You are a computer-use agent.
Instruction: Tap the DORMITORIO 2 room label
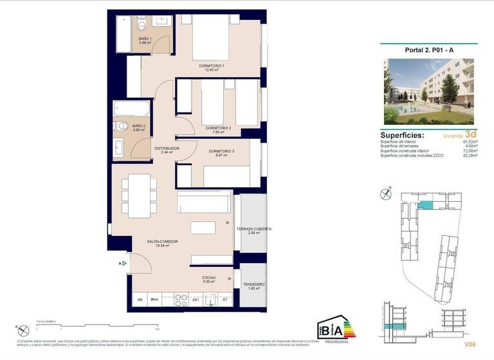click(219, 128)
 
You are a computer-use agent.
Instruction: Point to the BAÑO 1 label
click(145, 39)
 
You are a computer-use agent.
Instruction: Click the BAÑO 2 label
click(139, 126)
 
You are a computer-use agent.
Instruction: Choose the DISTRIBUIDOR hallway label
click(167, 148)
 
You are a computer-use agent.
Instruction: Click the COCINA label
click(208, 278)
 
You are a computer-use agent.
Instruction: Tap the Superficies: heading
click(402, 136)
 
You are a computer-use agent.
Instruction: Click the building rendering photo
click(428, 91)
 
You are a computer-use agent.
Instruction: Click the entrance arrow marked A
click(120, 264)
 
